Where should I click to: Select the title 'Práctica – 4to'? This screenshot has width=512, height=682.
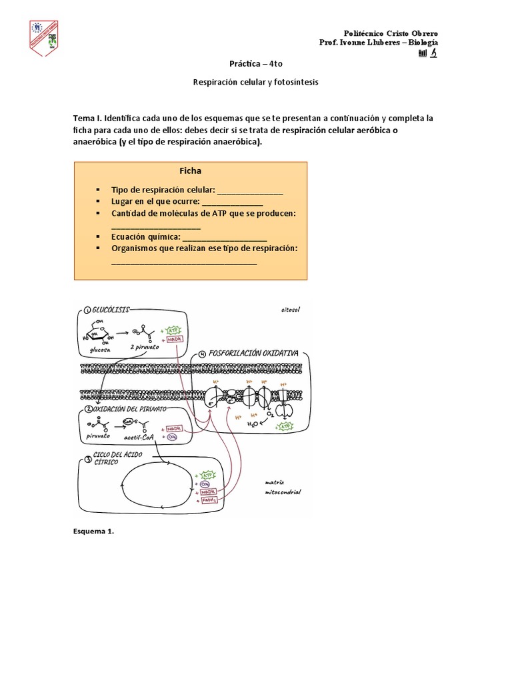(x=255, y=65)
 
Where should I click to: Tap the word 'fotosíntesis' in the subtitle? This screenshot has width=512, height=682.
(x=295, y=83)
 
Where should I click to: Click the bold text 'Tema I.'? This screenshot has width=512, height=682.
(x=87, y=118)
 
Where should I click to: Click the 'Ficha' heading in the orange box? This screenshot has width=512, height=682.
(x=190, y=170)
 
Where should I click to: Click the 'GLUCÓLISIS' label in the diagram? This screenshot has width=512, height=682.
(x=112, y=310)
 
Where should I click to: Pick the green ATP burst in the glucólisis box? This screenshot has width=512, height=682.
(x=173, y=330)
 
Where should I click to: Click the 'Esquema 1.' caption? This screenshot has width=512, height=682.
(x=94, y=531)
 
